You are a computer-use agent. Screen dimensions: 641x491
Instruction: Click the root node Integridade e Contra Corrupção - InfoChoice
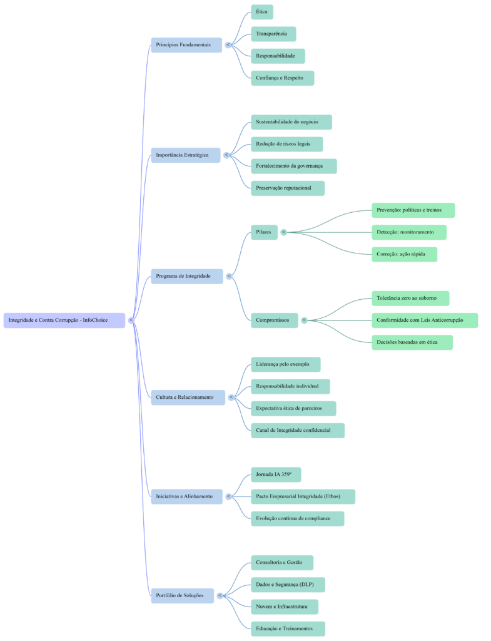coord(64,320)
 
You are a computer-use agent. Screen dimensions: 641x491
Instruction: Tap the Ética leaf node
coord(262,12)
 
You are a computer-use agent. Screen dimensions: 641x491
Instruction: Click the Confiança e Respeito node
coord(282,78)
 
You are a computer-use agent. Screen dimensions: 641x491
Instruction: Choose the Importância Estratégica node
coord(186,155)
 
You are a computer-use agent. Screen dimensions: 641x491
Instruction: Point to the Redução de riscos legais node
coord(286,144)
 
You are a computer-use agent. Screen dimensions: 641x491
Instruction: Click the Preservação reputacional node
coord(288,188)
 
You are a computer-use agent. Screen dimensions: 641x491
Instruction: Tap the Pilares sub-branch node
coord(264,232)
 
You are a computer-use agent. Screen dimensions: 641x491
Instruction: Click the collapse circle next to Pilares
coord(284,232)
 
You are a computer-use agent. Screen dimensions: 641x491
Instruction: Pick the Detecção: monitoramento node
coord(409,232)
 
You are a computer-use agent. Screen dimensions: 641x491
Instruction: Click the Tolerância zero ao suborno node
coord(410,298)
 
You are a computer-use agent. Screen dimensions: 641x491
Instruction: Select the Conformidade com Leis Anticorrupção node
coord(425,320)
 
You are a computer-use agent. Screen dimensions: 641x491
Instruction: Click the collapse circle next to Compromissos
coord(304,320)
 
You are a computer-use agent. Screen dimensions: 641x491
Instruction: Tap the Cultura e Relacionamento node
coord(188,397)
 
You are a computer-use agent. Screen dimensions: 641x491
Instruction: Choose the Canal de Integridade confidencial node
coord(297,431)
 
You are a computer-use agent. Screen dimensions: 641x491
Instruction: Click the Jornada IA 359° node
coord(276,474)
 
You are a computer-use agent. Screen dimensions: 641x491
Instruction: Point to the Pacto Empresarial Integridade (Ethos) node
coord(303,496)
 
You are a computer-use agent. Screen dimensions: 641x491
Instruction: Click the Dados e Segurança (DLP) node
coord(288,585)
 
